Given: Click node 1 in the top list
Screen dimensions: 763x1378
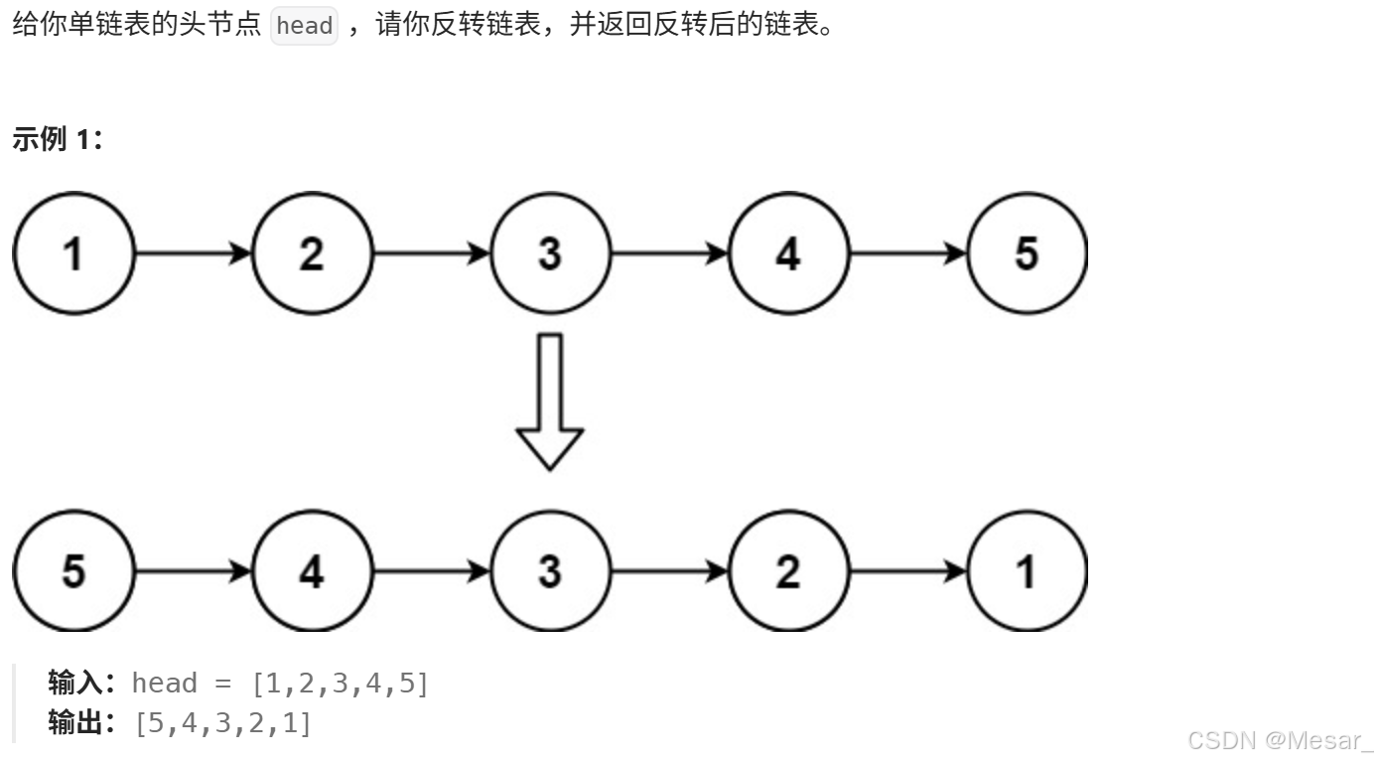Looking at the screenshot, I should point(72,253).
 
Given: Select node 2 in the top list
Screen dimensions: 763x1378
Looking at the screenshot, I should point(312,253).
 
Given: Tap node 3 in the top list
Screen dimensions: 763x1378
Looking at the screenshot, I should point(550,253).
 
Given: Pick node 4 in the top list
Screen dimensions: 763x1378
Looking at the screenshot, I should point(788,253).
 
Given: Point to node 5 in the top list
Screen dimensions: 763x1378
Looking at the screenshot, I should point(1027,253).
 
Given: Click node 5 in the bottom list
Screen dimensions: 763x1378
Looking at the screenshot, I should point(72,571).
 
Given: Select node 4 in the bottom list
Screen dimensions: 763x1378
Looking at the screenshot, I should point(312,571).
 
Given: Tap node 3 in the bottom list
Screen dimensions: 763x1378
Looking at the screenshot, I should point(550,571).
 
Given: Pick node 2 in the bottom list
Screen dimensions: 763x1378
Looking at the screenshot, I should point(788,571).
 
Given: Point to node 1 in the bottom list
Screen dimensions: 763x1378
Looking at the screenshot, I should point(1027,571).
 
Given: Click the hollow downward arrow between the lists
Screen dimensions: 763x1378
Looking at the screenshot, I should point(550,402).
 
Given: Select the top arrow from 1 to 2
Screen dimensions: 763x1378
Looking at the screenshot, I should point(193,253).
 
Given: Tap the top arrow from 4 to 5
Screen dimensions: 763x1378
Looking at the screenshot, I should point(908,253).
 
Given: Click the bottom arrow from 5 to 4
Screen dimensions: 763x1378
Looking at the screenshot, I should point(193,571).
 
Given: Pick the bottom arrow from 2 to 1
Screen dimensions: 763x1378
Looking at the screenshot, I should point(908,571).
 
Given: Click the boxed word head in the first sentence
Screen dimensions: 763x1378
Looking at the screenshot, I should point(304,26).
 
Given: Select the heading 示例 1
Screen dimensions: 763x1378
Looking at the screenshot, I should point(58,140).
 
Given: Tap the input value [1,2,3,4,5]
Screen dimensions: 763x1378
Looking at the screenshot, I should point(341,684).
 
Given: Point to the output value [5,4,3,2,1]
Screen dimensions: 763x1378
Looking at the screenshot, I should point(223,723).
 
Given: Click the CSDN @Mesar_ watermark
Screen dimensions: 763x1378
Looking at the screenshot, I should point(1280,740).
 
